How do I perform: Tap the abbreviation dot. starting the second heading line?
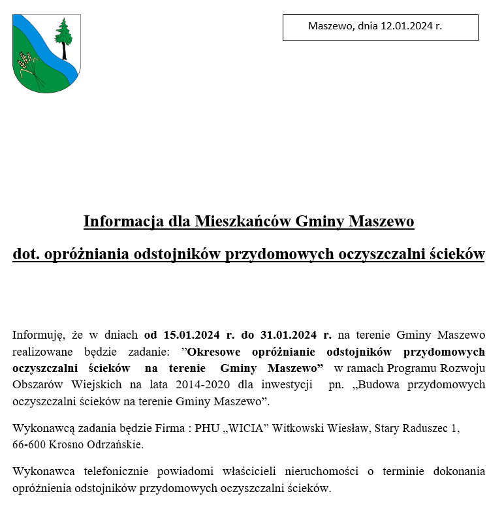coord(26,254)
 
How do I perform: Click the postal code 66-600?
coord(28,445)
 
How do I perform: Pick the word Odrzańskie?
coord(116,445)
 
